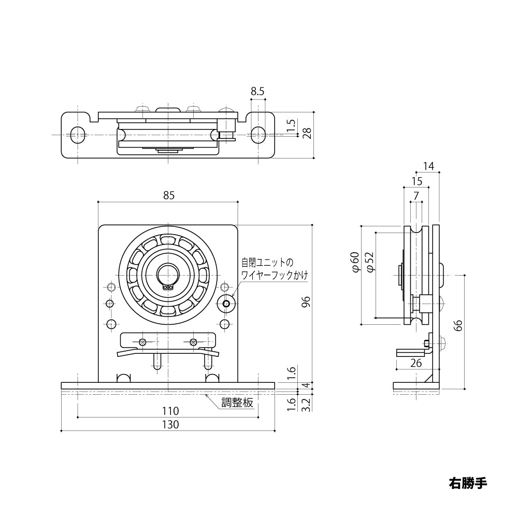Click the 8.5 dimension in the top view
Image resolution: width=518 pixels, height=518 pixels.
click(x=257, y=91)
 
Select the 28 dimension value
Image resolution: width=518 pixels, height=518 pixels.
click(x=307, y=133)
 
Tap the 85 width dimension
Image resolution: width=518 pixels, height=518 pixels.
click(x=168, y=195)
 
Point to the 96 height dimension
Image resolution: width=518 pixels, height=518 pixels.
click(x=306, y=303)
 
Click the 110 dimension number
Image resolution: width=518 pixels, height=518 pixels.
click(x=170, y=411)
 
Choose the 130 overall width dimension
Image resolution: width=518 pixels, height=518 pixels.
click(x=170, y=424)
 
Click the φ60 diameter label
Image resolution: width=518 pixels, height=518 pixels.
click(x=355, y=262)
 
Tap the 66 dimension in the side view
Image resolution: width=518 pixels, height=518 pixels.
click(x=458, y=326)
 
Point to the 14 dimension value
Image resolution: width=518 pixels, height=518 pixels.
click(x=428, y=166)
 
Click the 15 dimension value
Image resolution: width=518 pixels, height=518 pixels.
click(x=416, y=181)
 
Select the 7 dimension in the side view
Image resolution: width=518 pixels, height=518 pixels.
click(x=416, y=195)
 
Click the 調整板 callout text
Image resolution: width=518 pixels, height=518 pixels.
click(x=238, y=403)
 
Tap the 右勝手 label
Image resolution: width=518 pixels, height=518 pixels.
click(x=468, y=483)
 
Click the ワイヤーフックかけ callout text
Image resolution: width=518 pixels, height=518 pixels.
click(x=275, y=275)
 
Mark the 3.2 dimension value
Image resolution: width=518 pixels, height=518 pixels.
click(x=306, y=406)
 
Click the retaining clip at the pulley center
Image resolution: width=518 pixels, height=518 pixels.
click(x=168, y=285)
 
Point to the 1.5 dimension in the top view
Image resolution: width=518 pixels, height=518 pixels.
click(x=291, y=125)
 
